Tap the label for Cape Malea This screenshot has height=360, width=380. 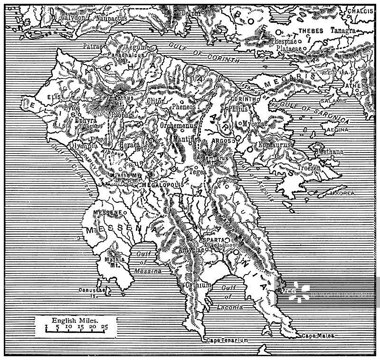click(x=318, y=335)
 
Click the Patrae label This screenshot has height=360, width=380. click(x=93, y=47)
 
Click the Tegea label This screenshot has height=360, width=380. click(x=198, y=172)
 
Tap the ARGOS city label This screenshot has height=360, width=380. click(x=221, y=141)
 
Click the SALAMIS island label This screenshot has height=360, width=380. click(x=333, y=101)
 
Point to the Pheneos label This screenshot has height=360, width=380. click(x=184, y=107)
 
